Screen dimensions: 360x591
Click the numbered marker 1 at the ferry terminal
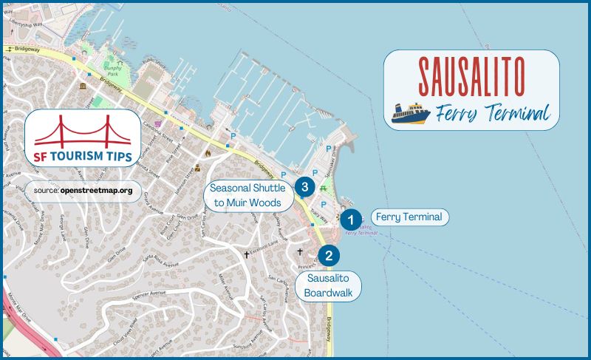coord(351,218)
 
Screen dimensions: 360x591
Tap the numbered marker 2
coord(329,256)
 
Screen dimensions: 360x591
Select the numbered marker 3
coord(304,186)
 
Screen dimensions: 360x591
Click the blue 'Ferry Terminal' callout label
coord(409,217)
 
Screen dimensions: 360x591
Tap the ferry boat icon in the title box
coord(411,114)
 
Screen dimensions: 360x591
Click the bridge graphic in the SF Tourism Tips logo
coord(83,129)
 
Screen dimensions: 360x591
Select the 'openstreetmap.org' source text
coord(98,191)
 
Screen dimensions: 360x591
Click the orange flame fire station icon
coord(208,153)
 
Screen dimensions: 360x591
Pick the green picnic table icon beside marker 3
coord(323,189)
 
